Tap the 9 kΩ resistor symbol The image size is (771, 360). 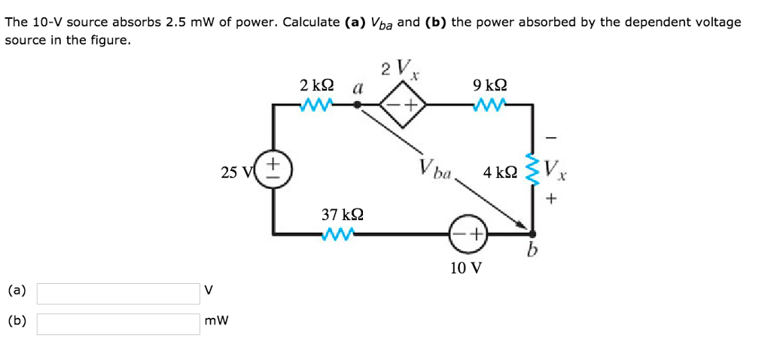click(x=489, y=105)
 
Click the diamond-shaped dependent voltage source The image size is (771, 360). click(x=402, y=105)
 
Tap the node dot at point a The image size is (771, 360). click(x=358, y=106)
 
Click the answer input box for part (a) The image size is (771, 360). click(x=118, y=293)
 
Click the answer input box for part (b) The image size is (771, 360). click(x=118, y=323)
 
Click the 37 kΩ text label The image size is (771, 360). click(x=343, y=215)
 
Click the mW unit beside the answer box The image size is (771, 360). click(x=216, y=322)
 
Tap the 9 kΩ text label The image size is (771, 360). click(x=489, y=85)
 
